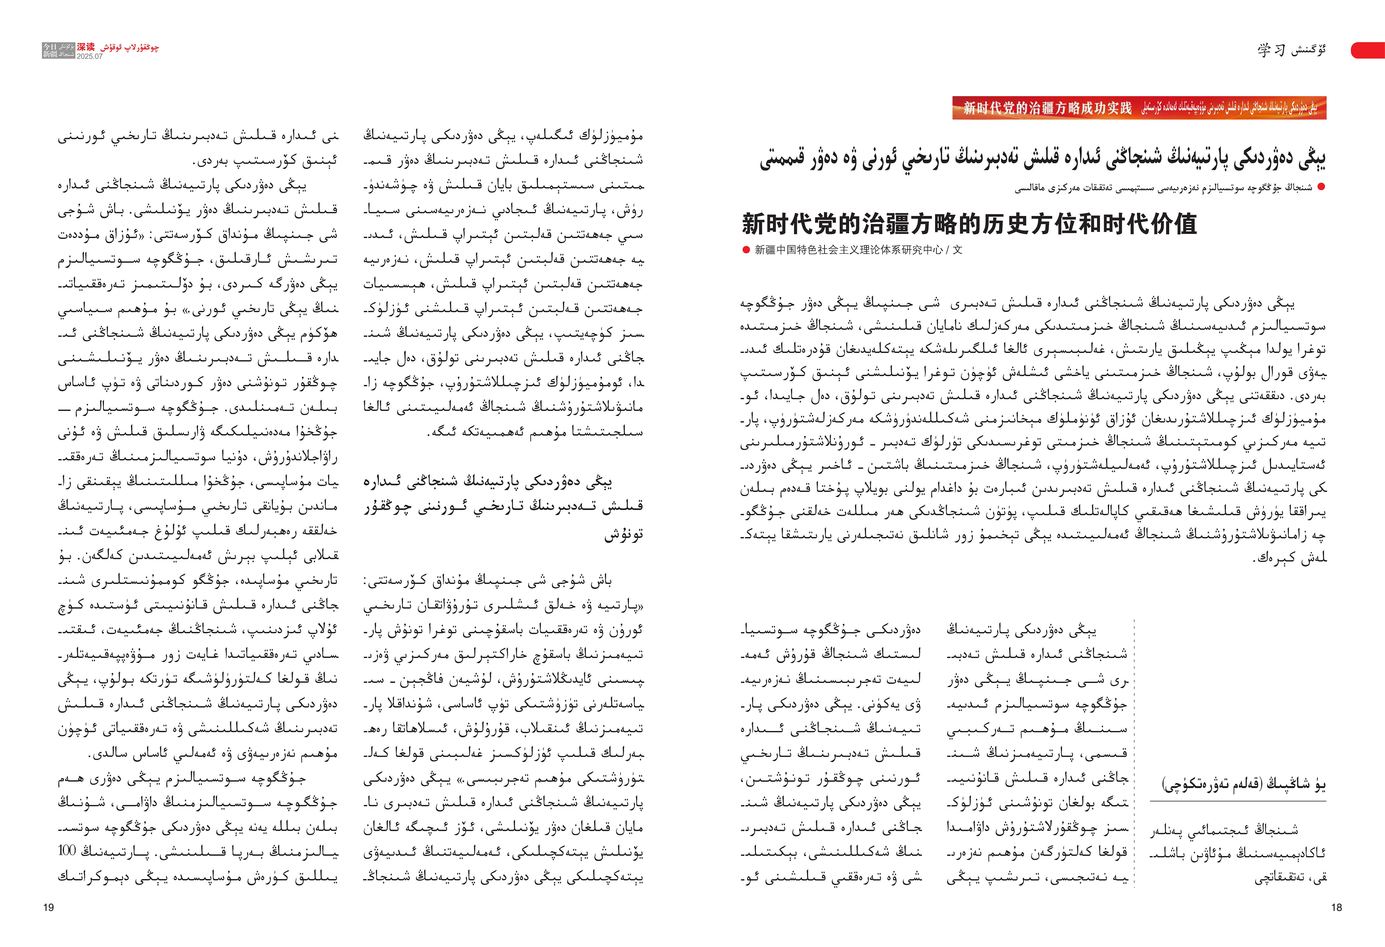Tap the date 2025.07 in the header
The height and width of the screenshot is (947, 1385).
click(89, 57)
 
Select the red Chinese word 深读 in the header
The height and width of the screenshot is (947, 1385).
click(86, 47)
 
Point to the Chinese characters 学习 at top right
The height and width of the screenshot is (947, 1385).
click(1271, 50)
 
